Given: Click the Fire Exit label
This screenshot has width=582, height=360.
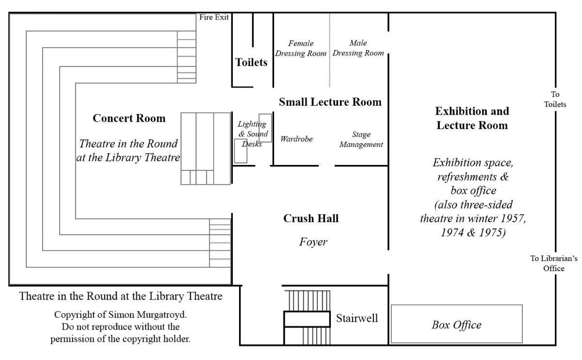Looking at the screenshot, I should coord(214,17).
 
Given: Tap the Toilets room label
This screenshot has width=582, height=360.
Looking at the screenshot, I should coord(251,62).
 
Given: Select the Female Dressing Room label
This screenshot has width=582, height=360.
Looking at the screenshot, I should coord(301,49).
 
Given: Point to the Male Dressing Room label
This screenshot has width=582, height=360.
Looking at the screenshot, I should coord(358,48).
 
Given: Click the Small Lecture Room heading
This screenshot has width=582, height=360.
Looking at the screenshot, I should coord(330,102).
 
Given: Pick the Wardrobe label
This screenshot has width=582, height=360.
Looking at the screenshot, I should coord(296,139).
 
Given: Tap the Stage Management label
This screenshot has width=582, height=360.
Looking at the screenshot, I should coord(361,139).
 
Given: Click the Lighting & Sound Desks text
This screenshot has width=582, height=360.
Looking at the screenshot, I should coord(252,134).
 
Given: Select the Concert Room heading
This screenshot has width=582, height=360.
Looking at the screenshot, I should coord(129,118).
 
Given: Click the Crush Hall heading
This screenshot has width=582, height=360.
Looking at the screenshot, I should coord(311,219).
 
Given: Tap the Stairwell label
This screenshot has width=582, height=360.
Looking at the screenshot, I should coord(357,318).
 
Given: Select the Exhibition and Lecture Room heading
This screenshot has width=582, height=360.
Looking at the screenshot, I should coord(472,118).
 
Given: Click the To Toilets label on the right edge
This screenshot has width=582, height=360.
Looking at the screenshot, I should coord(555,99).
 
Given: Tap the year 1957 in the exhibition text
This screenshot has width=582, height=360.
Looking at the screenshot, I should coord(512,218).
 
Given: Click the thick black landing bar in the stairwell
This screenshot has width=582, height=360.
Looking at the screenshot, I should coord(307,319).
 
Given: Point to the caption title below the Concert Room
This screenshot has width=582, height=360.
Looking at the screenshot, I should coord(121,295).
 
